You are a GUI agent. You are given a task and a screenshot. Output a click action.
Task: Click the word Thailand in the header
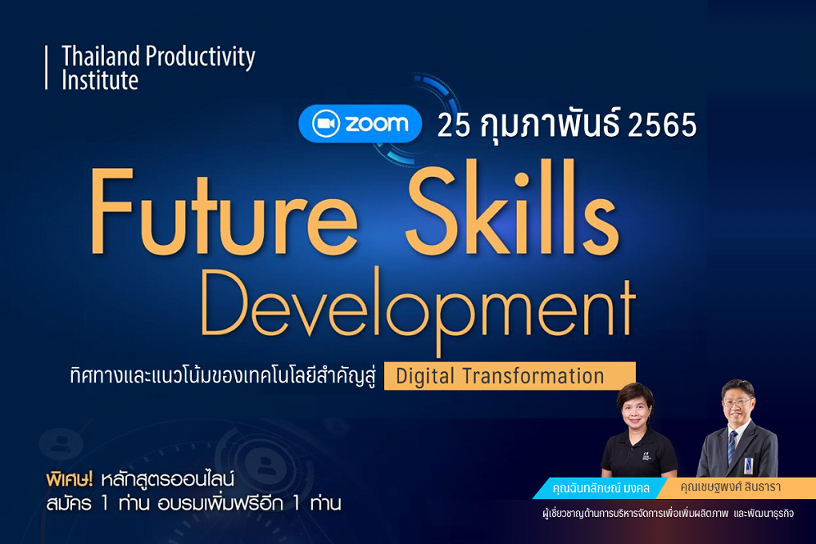(101, 56)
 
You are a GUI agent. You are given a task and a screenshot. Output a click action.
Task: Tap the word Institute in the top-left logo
(100, 80)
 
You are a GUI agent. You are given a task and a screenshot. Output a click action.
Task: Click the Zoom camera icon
(326, 124)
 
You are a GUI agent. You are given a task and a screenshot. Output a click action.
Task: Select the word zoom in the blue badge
(377, 124)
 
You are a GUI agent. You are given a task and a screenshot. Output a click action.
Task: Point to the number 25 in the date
(454, 125)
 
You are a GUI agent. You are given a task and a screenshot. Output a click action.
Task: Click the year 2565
(662, 125)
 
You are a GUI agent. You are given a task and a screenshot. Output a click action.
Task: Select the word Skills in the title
(513, 208)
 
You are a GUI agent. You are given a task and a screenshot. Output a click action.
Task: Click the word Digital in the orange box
(425, 376)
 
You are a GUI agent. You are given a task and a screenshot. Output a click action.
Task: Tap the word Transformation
(534, 375)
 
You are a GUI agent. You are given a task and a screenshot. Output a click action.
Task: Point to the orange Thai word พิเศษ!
(70, 479)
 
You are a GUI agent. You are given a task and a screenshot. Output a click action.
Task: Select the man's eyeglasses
(737, 402)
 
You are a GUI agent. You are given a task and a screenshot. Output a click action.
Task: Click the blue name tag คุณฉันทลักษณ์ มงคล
(600, 488)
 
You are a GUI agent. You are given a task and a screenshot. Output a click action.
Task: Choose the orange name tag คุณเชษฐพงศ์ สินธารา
(730, 487)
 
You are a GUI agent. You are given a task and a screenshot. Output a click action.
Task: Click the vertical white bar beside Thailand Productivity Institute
(46, 68)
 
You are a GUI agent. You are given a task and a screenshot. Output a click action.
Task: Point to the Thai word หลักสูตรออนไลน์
(167, 479)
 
